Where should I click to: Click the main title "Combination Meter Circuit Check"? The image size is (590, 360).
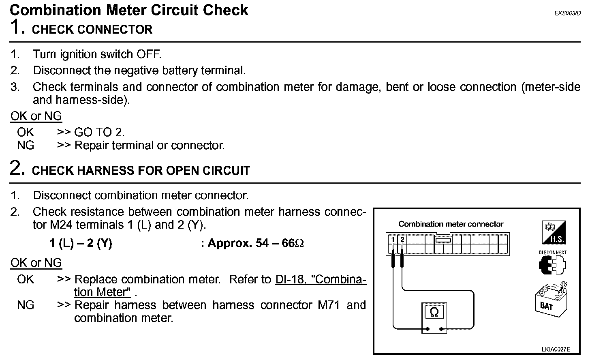(129, 10)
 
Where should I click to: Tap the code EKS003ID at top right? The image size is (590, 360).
(567, 13)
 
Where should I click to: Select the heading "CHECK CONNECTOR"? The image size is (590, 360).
(92, 30)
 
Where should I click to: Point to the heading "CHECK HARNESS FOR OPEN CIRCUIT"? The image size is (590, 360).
(141, 171)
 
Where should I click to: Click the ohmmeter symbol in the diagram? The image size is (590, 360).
(434, 313)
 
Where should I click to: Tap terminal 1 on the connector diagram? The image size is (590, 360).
(393, 240)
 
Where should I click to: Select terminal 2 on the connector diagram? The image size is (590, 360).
(402, 240)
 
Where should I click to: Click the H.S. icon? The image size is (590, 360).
(554, 233)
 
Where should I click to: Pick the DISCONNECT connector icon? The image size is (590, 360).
(552, 264)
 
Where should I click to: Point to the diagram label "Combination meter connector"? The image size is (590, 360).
(451, 224)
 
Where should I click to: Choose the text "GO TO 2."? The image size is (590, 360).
(99, 132)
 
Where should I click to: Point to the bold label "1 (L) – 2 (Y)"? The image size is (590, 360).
(81, 243)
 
